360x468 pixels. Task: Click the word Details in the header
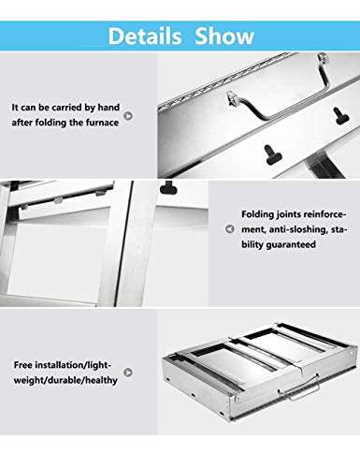(144, 36)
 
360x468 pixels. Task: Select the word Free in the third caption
(25, 363)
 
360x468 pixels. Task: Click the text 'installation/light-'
(73, 363)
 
